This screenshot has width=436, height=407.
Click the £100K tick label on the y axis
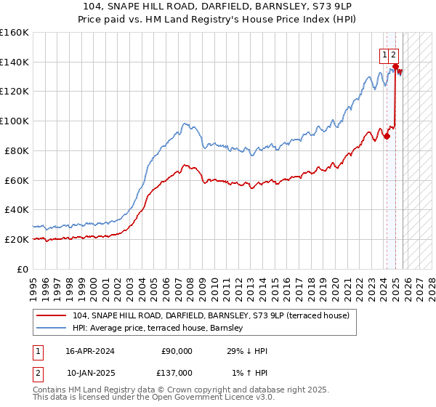[14, 121]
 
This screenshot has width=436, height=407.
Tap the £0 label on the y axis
[23, 269]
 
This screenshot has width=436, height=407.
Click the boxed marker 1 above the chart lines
[383, 53]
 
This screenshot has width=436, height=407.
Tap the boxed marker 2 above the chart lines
[393, 53]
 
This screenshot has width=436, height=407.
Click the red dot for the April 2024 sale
[387, 135]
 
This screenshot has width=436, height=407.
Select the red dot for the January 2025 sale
[395, 66]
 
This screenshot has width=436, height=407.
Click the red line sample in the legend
[52, 315]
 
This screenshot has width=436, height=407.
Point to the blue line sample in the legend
[52, 328]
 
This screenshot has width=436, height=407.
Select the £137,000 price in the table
[177, 372]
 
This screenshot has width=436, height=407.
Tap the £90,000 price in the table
[177, 350]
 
